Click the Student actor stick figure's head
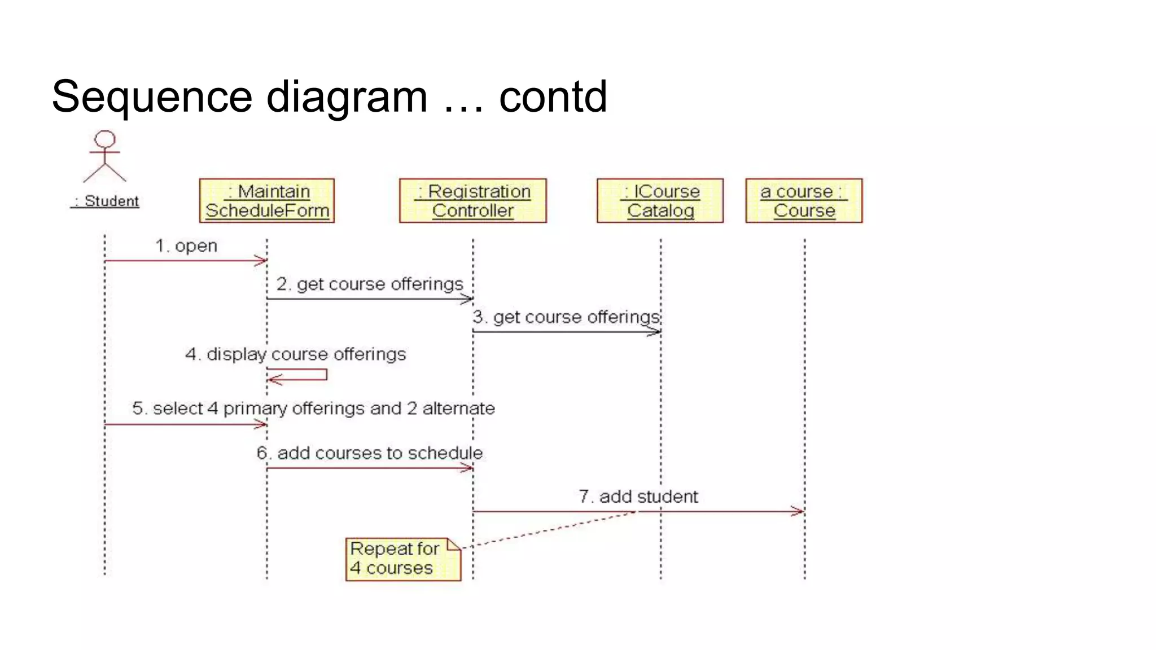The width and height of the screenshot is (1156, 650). click(105, 139)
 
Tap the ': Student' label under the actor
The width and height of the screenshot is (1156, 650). click(106, 201)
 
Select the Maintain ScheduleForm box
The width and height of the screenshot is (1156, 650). click(267, 201)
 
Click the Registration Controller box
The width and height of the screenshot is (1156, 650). click(472, 201)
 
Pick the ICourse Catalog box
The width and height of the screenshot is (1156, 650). click(660, 201)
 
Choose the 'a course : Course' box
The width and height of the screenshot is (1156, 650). click(804, 201)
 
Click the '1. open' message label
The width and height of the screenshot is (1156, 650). click(186, 246)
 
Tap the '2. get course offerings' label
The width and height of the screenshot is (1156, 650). click(370, 284)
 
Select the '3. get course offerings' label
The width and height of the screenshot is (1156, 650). click(566, 317)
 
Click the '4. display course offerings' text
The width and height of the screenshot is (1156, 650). click(296, 354)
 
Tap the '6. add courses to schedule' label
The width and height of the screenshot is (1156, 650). click(370, 453)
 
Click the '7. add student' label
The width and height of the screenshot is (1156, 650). click(638, 497)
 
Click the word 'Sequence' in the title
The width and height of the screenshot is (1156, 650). click(151, 96)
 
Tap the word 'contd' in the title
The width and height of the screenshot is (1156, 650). click(553, 96)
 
